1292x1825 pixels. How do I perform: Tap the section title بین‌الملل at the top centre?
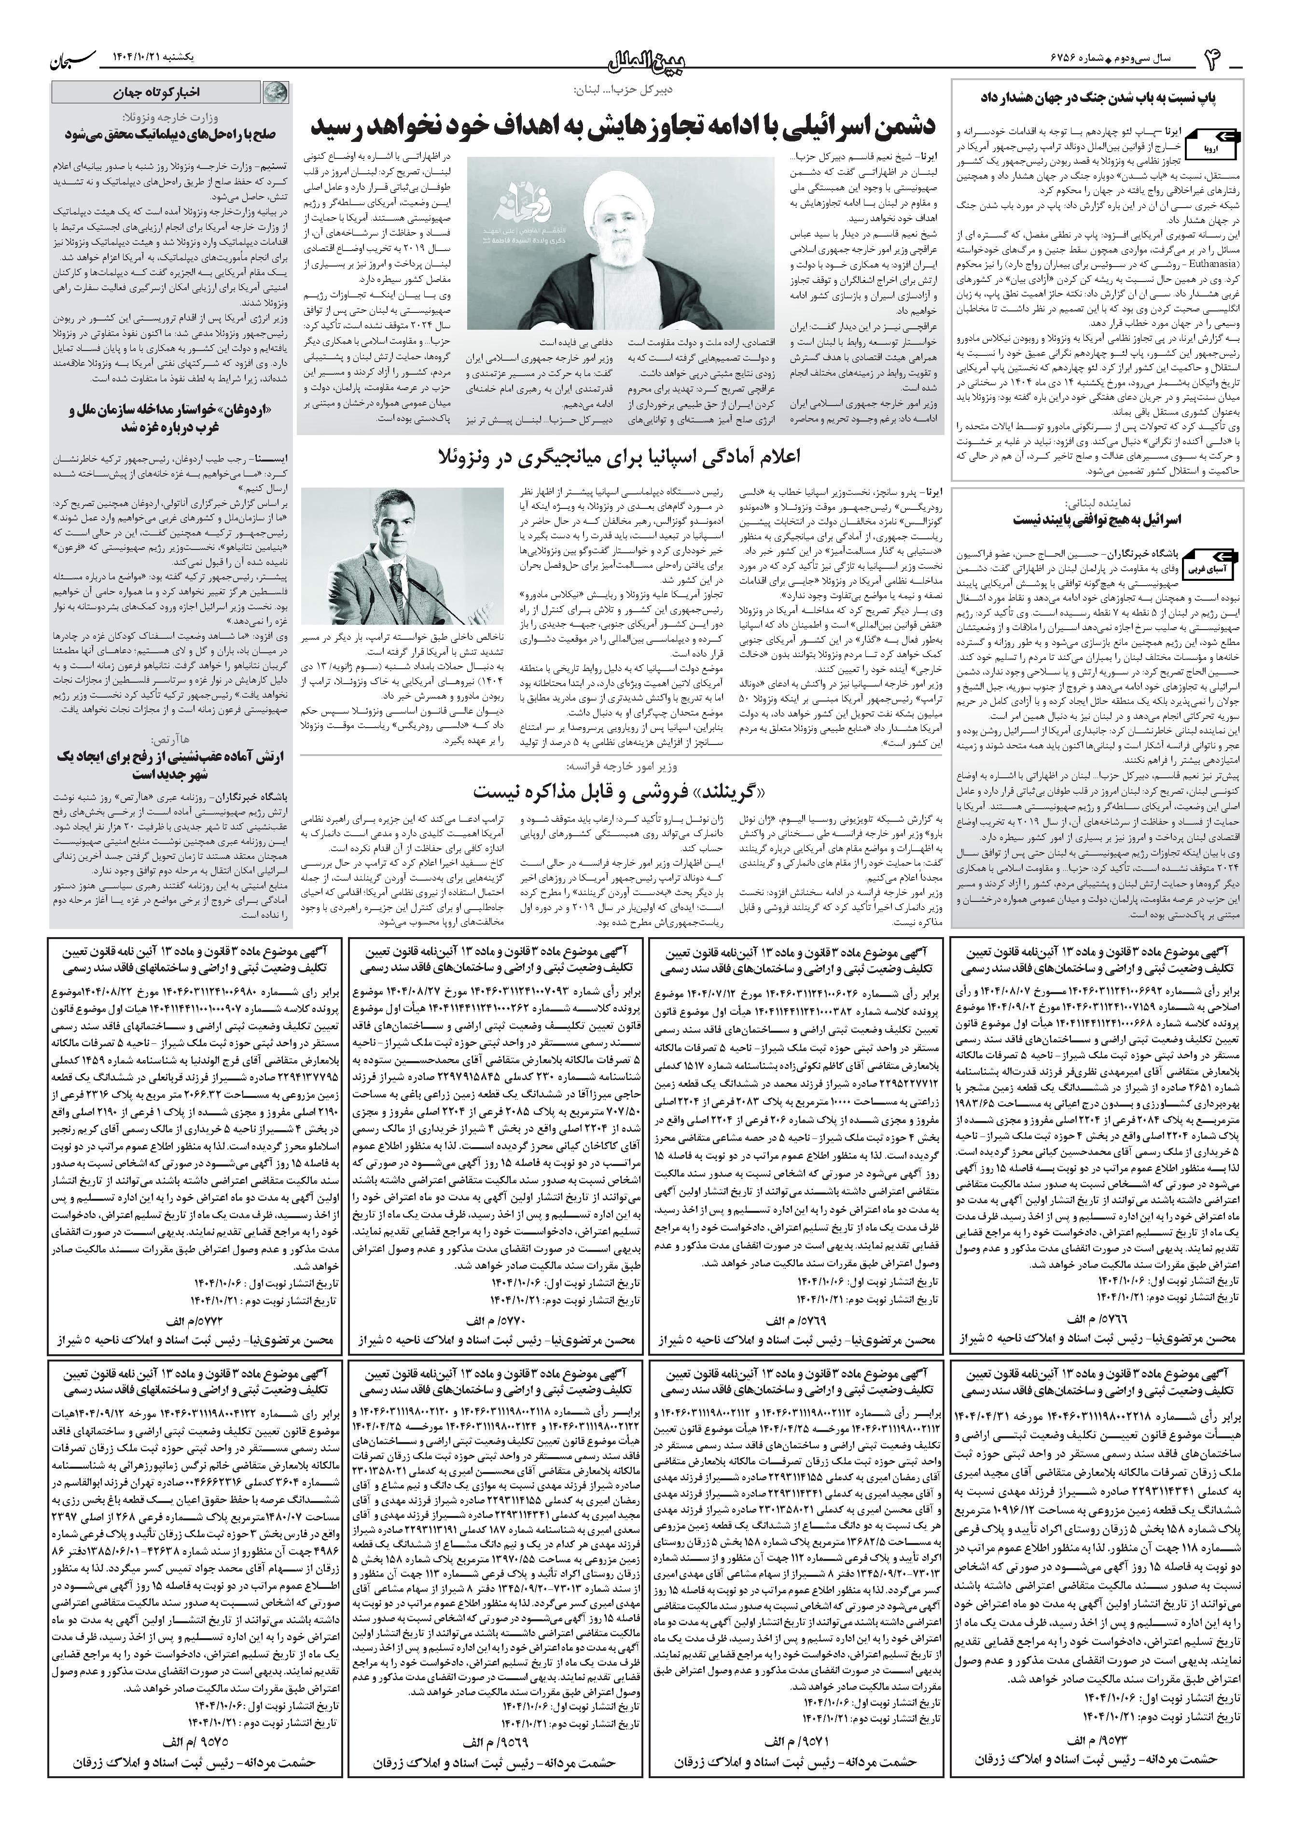[646, 58]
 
